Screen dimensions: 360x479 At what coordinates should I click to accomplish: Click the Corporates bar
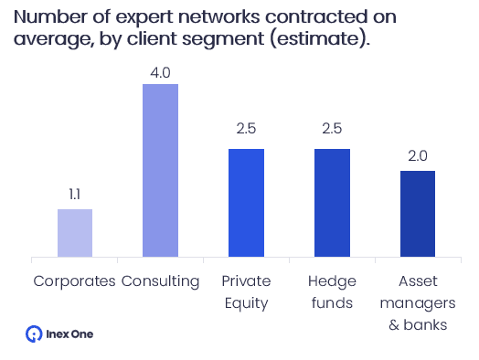75,233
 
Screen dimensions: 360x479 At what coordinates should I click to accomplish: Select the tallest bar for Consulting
161,170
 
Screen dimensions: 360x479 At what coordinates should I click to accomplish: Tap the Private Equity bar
246,202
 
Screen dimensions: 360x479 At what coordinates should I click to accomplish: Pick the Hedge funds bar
332,202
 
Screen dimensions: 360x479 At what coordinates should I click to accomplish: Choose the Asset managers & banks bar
418,213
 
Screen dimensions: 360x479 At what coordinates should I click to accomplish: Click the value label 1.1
75,194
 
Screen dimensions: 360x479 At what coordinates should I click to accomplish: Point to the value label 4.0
161,69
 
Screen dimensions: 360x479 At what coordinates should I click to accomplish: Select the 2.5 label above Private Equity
246,132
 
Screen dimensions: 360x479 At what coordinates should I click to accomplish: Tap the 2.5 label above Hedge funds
332,132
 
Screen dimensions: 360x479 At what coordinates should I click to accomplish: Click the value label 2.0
418,155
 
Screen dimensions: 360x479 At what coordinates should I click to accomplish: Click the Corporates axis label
75,281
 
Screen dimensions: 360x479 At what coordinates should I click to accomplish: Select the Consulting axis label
161,281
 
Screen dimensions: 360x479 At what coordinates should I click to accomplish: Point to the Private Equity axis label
246,291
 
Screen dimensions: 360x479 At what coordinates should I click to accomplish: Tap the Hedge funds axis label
332,291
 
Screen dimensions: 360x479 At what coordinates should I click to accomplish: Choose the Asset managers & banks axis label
418,302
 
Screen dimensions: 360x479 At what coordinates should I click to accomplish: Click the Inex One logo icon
34,334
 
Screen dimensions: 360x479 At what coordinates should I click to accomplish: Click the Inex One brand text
69,334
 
